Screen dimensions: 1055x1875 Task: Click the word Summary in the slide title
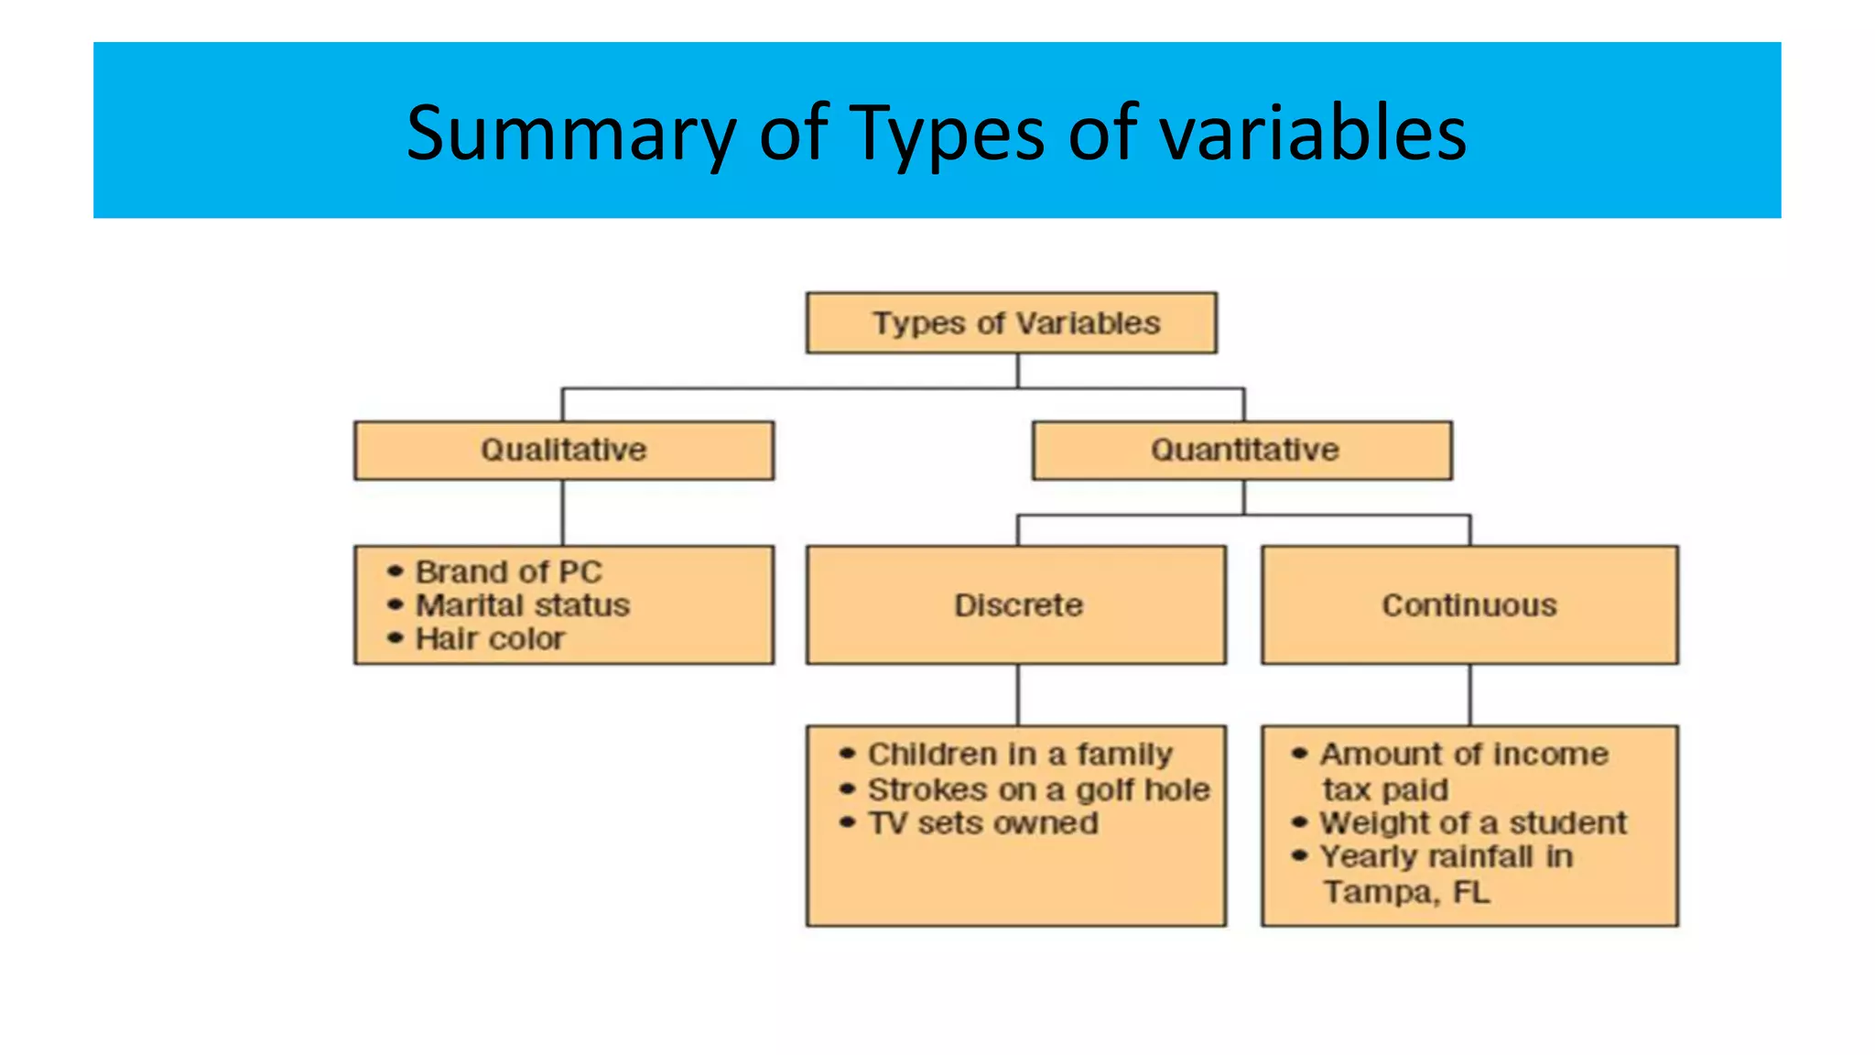(570, 134)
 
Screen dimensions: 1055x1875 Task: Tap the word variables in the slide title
(1312, 134)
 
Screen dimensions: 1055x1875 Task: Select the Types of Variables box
(1011, 323)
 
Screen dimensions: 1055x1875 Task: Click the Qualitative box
(563, 450)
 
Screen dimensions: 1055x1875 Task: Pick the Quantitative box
(1242, 450)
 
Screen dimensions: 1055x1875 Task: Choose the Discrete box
(1016, 605)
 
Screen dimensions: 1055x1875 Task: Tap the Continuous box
(1469, 605)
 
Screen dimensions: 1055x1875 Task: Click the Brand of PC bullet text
(508, 572)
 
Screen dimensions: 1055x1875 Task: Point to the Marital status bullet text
(522, 605)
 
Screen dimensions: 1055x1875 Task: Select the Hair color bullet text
(490, 638)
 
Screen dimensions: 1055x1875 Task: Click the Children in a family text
(1019, 755)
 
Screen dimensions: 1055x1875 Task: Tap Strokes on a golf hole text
(1038, 789)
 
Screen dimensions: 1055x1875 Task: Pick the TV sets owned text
(982, 823)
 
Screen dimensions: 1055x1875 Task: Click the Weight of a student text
(1472, 823)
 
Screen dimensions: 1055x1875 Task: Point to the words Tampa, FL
(1405, 892)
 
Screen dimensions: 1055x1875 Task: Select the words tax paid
(1384, 789)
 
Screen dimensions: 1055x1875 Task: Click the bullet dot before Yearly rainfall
(1299, 856)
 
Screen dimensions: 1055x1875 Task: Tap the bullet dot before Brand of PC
(395, 571)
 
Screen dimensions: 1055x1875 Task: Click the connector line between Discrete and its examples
(1017, 694)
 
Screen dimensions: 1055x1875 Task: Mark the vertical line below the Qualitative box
(562, 513)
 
